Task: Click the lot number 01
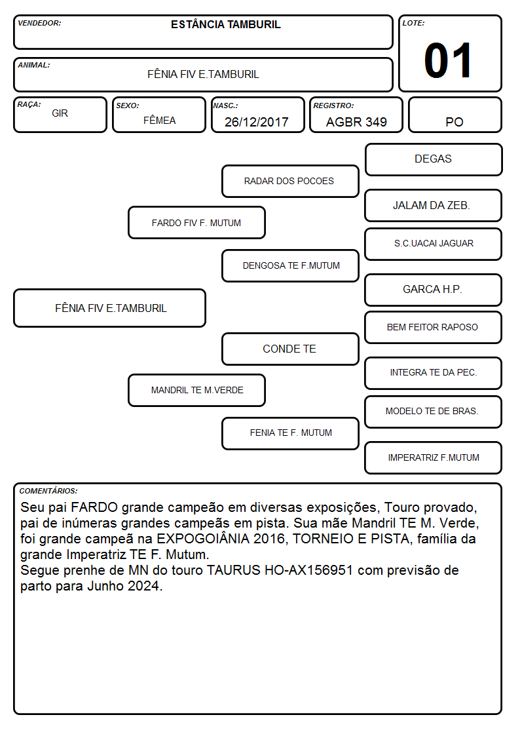pyautogui.click(x=448, y=60)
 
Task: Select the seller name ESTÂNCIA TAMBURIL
pyautogui.click(x=225, y=24)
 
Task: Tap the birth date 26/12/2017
pyautogui.click(x=257, y=122)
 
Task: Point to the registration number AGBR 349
pyautogui.click(x=356, y=122)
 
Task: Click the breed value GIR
pyautogui.click(x=60, y=113)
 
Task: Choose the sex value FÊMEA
pyautogui.click(x=159, y=120)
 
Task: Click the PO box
pyautogui.click(x=455, y=115)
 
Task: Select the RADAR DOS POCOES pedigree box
pyautogui.click(x=290, y=181)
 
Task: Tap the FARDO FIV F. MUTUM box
pyautogui.click(x=196, y=223)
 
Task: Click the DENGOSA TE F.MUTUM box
pyautogui.click(x=290, y=265)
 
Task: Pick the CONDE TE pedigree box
pyautogui.click(x=290, y=349)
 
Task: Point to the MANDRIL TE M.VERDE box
pyautogui.click(x=196, y=390)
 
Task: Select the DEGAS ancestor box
pyautogui.click(x=434, y=160)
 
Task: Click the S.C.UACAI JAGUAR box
pyautogui.click(x=434, y=244)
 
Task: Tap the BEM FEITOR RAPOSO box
pyautogui.click(x=434, y=328)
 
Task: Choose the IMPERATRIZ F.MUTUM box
pyautogui.click(x=434, y=457)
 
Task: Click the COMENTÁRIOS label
pyautogui.click(x=48, y=491)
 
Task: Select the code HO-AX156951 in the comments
pyautogui.click(x=308, y=570)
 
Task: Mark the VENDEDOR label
pyautogui.click(x=39, y=23)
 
